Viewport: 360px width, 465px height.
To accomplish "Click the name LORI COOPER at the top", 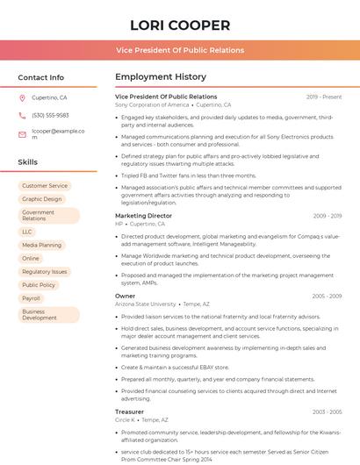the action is (x=179, y=25).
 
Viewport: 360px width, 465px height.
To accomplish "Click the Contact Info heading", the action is (x=40, y=77).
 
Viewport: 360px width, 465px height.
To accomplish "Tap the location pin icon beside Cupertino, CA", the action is (x=23, y=97).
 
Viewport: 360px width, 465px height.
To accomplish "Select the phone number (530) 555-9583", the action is (x=50, y=115).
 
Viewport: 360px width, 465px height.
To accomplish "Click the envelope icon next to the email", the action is (x=23, y=134).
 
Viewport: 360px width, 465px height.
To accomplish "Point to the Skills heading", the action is (x=28, y=162).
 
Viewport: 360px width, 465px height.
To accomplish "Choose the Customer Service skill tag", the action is (x=45, y=186).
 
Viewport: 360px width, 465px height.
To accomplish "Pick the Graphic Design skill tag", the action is (x=42, y=199).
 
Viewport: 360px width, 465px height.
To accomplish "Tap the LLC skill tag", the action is (x=27, y=232).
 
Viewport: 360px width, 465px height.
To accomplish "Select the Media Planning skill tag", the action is (x=42, y=245).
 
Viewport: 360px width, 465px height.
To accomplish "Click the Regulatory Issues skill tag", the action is (x=45, y=272).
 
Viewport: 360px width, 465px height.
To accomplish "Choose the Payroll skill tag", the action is (x=31, y=298).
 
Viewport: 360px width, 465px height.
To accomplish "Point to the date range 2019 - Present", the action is (x=324, y=97).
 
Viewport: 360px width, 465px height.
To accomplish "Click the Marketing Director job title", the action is (x=143, y=216).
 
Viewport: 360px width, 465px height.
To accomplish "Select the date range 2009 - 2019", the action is (x=327, y=216).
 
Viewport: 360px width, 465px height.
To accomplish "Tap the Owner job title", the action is (x=125, y=296).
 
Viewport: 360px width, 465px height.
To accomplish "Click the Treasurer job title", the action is (x=129, y=411).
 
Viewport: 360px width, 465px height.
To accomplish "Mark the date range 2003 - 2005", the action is (x=327, y=411).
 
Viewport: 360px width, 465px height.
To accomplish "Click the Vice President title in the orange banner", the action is (x=179, y=50).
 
